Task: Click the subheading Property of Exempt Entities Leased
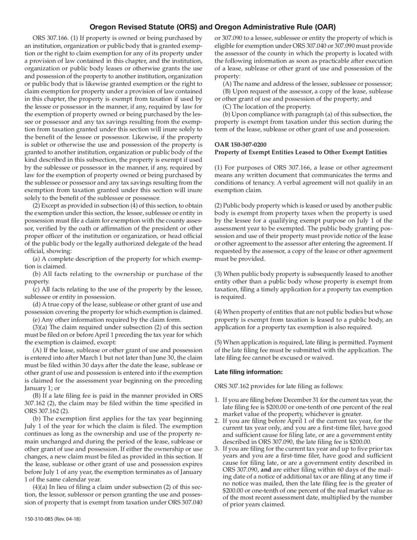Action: tap(301, 152)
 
